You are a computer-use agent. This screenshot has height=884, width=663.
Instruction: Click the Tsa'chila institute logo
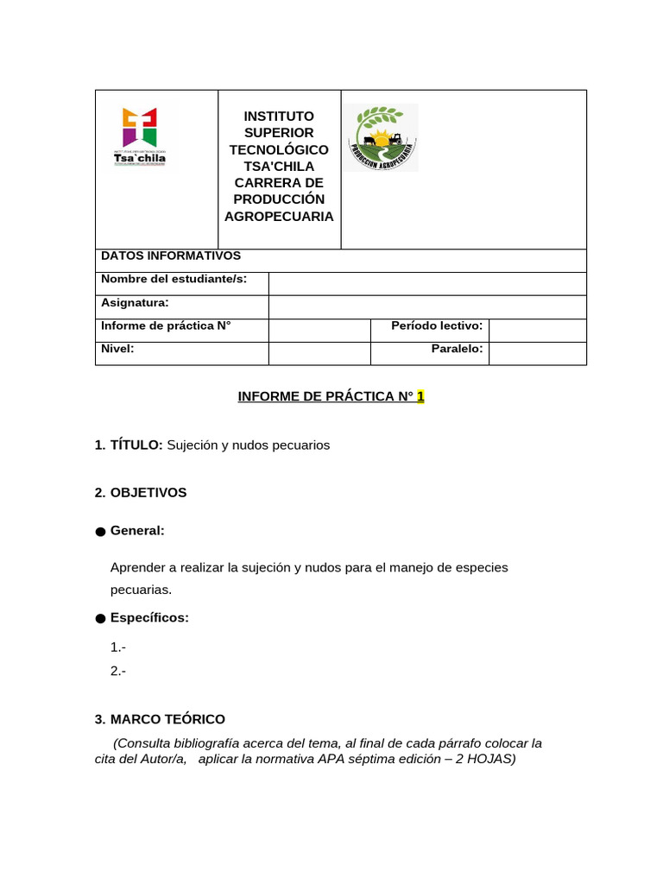pos(140,136)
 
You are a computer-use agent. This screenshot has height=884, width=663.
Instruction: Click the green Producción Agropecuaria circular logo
pos(382,138)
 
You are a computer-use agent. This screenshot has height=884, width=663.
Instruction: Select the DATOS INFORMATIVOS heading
pos(171,256)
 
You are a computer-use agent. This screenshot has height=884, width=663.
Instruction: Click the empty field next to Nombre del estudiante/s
pos(427,283)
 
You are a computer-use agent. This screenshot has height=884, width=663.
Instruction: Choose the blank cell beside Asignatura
pos(427,306)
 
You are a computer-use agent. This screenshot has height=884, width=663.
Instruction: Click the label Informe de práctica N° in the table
pos(166,325)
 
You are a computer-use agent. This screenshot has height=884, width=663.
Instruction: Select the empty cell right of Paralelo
pos(537,352)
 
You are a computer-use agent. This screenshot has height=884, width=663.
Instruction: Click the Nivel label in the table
pos(117,349)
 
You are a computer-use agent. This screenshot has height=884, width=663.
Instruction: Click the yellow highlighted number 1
pos(420,397)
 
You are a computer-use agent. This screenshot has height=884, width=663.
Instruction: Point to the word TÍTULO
pos(136,445)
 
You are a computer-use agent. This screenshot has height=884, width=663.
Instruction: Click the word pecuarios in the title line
pos(296,445)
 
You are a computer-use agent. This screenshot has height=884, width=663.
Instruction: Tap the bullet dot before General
pos(100,532)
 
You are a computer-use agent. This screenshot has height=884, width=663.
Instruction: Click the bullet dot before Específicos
pos(100,619)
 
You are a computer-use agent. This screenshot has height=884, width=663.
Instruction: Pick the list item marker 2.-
pos(118,670)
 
